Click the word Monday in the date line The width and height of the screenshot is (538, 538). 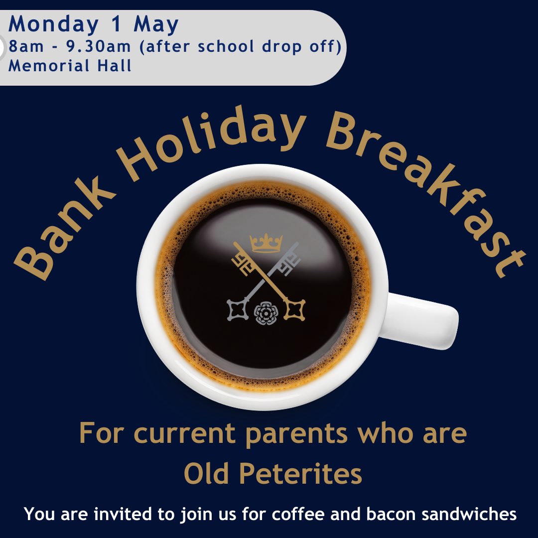coord(53,25)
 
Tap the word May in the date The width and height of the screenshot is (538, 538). coord(156,25)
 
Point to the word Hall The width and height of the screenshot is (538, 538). coord(114,66)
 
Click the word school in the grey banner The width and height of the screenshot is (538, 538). coord(226,46)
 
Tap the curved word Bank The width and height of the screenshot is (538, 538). coord(63,227)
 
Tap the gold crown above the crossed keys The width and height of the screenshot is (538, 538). coord(266,243)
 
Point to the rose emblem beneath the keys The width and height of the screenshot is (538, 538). coord(266,313)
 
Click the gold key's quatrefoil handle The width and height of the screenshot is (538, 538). coord(294,310)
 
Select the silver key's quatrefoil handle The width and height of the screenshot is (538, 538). coord(238,310)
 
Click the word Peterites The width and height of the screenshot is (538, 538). coord(300,474)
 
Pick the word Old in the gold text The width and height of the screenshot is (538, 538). coord(207,474)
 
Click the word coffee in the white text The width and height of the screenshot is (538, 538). coord(298,514)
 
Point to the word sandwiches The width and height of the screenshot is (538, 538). coord(469,514)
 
